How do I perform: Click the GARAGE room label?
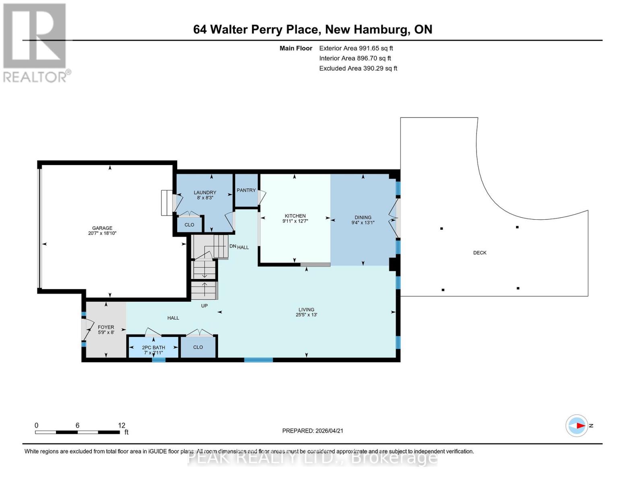pyautogui.click(x=102, y=228)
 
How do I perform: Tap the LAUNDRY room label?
pyautogui.click(x=205, y=192)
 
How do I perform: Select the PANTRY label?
pyautogui.click(x=246, y=190)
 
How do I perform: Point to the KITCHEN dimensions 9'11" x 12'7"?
pyautogui.click(x=295, y=221)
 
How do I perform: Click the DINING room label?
pyautogui.click(x=363, y=217)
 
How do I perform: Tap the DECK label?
pyautogui.click(x=479, y=253)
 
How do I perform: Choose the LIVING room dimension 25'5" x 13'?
pyautogui.click(x=306, y=315)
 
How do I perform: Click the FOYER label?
pyautogui.click(x=106, y=327)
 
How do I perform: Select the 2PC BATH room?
pyautogui.click(x=153, y=348)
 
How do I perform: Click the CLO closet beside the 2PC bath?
pyautogui.click(x=198, y=347)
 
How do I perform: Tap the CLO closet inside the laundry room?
pyautogui.click(x=189, y=225)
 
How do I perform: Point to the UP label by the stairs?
pyautogui.click(x=204, y=305)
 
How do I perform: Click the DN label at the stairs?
pyautogui.click(x=233, y=246)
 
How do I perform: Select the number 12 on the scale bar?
pyautogui.click(x=122, y=425)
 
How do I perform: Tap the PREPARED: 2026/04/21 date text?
pyautogui.click(x=313, y=431)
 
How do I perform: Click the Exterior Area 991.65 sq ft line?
pyautogui.click(x=356, y=48)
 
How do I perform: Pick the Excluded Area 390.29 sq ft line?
pyautogui.click(x=358, y=68)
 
